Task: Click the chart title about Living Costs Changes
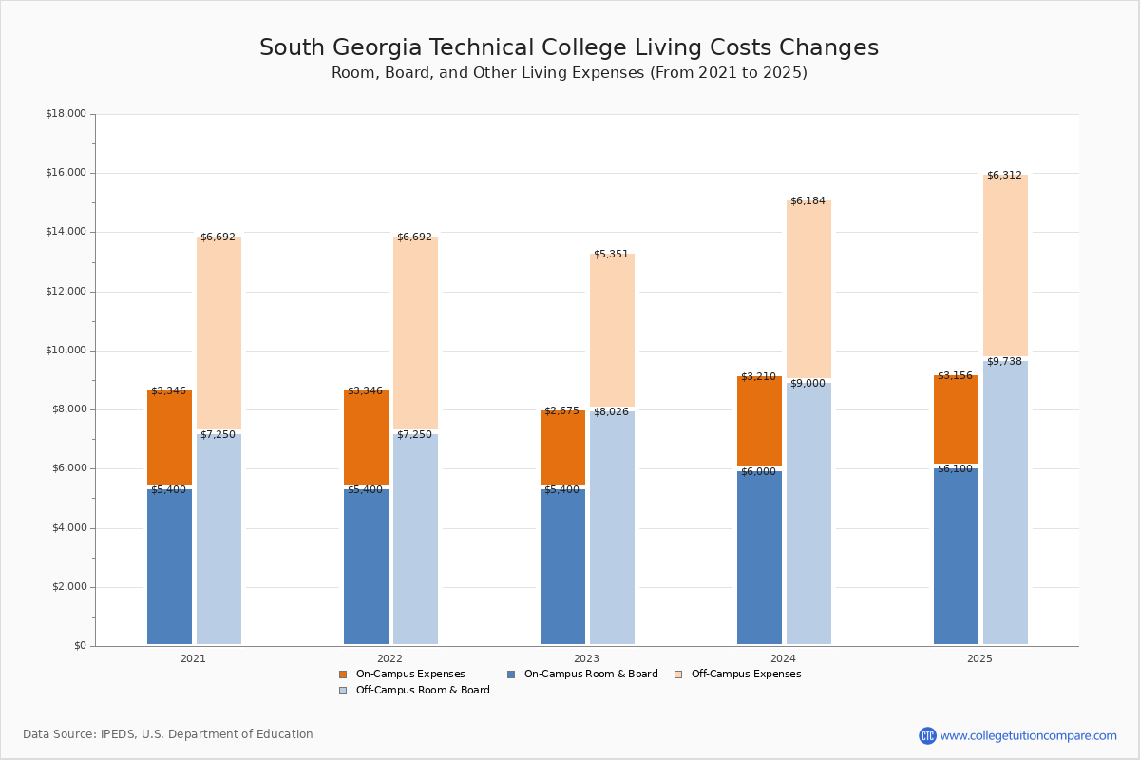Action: [x=568, y=48]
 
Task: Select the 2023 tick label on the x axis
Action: [x=586, y=658]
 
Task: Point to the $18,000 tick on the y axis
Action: [x=66, y=114]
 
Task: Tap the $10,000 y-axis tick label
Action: [x=66, y=351]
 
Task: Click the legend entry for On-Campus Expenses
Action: [x=409, y=674]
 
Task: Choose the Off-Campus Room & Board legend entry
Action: [x=422, y=691]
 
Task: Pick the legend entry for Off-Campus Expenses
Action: [x=745, y=674]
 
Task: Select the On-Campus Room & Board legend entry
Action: [x=590, y=674]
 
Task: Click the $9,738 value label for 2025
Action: [x=1004, y=362]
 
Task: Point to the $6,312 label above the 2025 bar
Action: [x=1004, y=176]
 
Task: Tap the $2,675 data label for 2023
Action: [x=561, y=411]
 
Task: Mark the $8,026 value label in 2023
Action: [x=611, y=412]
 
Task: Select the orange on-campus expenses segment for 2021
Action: [x=169, y=438]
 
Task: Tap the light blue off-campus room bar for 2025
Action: [x=1005, y=503]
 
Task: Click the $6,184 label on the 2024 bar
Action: [x=807, y=201]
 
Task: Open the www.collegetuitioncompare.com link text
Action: [x=1028, y=735]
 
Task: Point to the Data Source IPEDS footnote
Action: [x=168, y=734]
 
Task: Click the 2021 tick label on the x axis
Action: [x=193, y=658]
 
